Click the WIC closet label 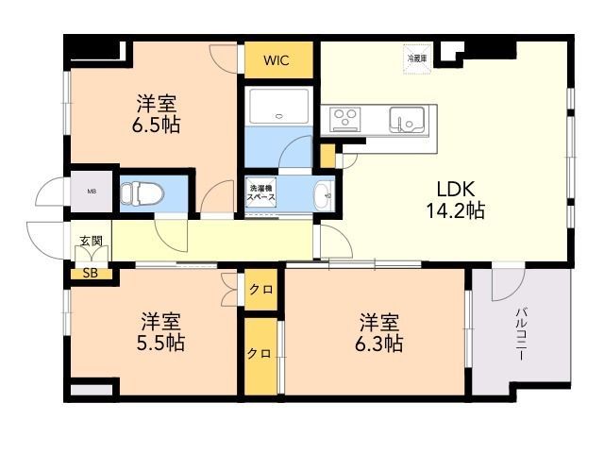click(276, 61)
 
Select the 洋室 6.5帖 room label click(156, 113)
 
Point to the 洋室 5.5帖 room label click(160, 331)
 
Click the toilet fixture click(143, 194)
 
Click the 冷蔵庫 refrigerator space click(416, 56)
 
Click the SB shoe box click(91, 274)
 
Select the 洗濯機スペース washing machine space click(260, 193)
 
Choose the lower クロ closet click(260, 354)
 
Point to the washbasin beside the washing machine click(323, 194)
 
